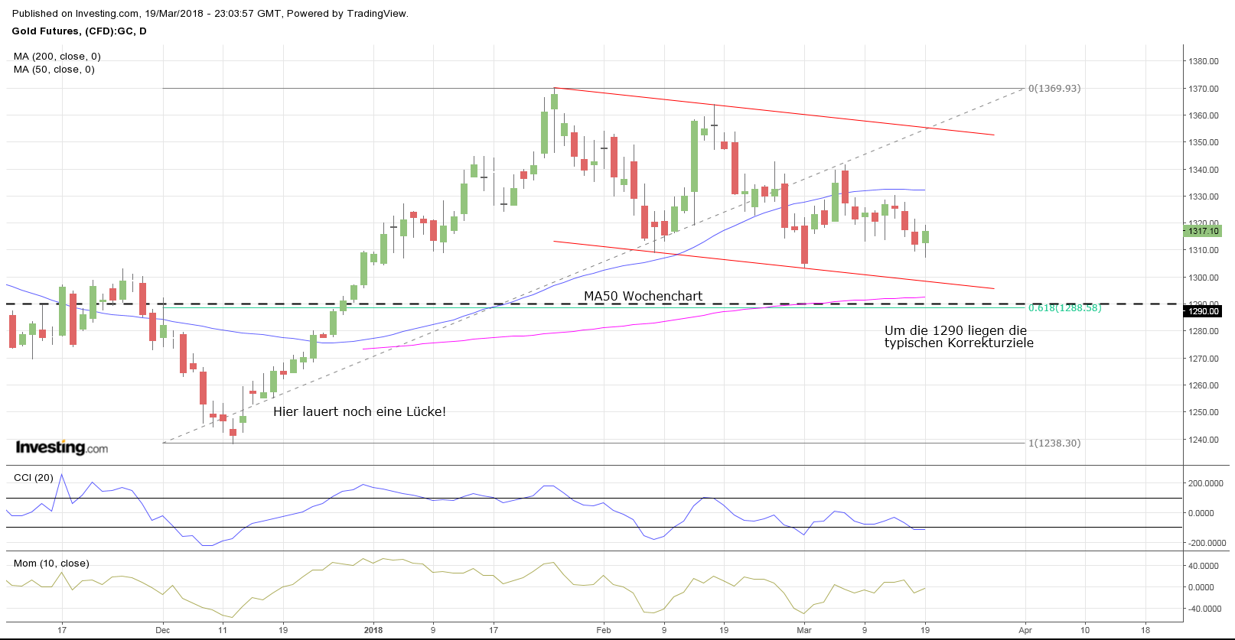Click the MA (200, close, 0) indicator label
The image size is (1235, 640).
point(57,57)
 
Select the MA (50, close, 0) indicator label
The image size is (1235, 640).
point(54,70)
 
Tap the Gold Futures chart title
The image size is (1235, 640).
point(79,31)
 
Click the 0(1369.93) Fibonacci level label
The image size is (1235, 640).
point(1054,89)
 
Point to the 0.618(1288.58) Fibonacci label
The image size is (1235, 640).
point(1064,308)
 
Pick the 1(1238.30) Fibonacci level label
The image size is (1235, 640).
point(1054,443)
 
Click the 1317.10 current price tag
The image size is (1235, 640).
point(1203,231)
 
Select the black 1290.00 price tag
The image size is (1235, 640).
point(1203,311)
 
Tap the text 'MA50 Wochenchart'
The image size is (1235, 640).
point(643,296)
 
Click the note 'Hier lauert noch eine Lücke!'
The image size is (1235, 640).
point(359,411)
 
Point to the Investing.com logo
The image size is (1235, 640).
point(62,447)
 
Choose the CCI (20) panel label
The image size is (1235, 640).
point(34,478)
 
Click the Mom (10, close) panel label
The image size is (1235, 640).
point(51,564)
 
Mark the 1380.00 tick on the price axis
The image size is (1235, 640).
point(1203,61)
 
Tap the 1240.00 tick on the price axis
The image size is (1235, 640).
point(1203,440)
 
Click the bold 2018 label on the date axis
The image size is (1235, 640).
point(373,630)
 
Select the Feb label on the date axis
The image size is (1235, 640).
point(604,630)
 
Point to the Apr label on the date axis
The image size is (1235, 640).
point(1025,630)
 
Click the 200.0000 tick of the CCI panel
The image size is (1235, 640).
point(1205,483)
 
